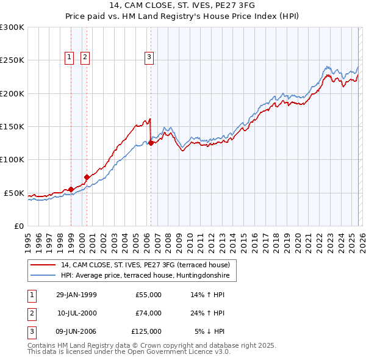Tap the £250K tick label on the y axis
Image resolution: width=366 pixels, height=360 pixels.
point(12,60)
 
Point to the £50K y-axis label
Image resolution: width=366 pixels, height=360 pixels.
point(14,193)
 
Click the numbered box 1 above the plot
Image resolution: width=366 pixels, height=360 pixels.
point(70,57)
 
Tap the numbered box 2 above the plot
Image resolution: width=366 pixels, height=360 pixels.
point(85,57)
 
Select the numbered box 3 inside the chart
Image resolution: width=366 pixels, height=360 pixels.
point(149,57)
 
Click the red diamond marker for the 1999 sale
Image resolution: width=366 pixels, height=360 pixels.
point(71,189)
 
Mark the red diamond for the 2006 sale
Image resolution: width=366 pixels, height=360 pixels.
point(151,143)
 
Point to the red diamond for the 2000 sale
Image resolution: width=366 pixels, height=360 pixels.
point(87,177)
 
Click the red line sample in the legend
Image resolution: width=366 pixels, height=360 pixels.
point(43,265)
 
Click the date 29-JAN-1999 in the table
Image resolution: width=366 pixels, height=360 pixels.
point(76,295)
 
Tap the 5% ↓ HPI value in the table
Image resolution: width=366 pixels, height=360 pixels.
point(210,331)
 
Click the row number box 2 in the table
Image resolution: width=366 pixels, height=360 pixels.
point(31,313)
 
